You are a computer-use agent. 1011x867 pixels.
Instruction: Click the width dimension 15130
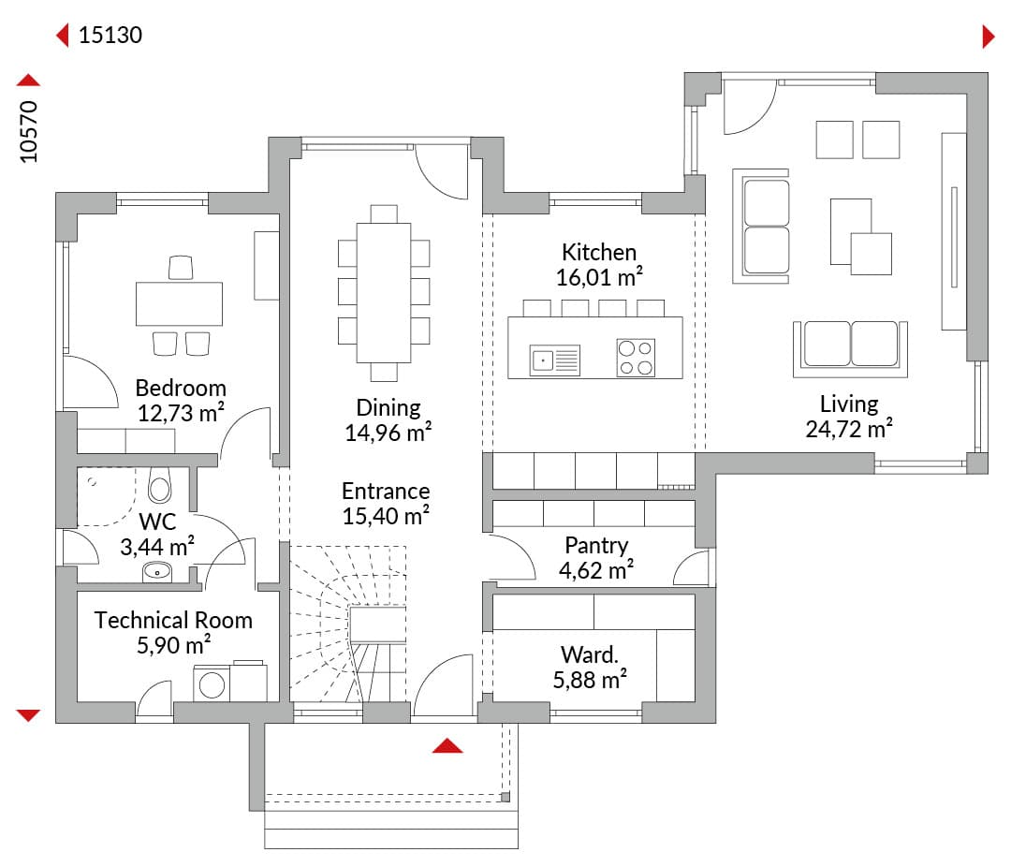[x=110, y=35]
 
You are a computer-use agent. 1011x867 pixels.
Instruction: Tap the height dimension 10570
[x=29, y=132]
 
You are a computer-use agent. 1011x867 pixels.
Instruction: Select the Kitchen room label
[x=599, y=252]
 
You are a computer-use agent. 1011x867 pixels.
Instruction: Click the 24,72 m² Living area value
[x=849, y=429]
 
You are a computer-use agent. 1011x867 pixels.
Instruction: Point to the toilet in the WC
[x=159, y=486]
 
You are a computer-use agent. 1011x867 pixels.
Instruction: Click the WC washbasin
[x=157, y=571]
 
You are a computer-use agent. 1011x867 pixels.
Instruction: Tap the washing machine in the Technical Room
[x=212, y=683]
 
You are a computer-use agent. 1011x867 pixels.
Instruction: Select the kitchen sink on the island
[x=554, y=360]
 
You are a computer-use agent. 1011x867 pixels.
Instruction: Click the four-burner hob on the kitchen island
[x=636, y=358]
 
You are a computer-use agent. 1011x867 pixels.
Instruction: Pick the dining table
[x=384, y=293]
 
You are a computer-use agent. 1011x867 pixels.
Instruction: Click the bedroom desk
[x=179, y=303]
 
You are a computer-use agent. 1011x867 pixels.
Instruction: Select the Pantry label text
[x=596, y=546]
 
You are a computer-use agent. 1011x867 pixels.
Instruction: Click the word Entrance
[x=386, y=491]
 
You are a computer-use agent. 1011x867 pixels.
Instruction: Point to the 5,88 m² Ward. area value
[x=590, y=680]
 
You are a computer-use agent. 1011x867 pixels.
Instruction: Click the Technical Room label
[x=173, y=620]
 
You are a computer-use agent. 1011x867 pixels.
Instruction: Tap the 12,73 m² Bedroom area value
[x=182, y=413]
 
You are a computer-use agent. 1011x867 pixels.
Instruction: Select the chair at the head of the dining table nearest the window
[x=384, y=213]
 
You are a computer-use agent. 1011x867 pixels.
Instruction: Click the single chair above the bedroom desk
[x=181, y=268]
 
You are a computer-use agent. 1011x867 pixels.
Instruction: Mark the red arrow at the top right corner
[x=989, y=37]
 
